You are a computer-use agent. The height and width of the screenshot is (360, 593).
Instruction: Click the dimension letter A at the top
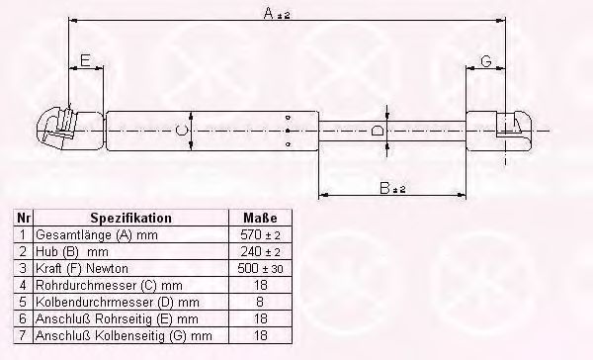269,13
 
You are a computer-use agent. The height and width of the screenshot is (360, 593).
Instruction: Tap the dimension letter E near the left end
85,60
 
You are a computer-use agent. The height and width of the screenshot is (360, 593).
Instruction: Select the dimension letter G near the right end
486,60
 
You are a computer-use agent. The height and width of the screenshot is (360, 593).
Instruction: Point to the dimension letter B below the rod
384,188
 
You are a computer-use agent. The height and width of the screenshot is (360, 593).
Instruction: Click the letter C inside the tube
181,131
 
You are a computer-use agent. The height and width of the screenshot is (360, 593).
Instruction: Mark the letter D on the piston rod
378,131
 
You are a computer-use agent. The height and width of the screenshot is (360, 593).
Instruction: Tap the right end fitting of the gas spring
499,131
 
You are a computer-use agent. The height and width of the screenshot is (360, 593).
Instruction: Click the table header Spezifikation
130,218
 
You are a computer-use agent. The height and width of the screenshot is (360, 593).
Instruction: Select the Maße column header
260,218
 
